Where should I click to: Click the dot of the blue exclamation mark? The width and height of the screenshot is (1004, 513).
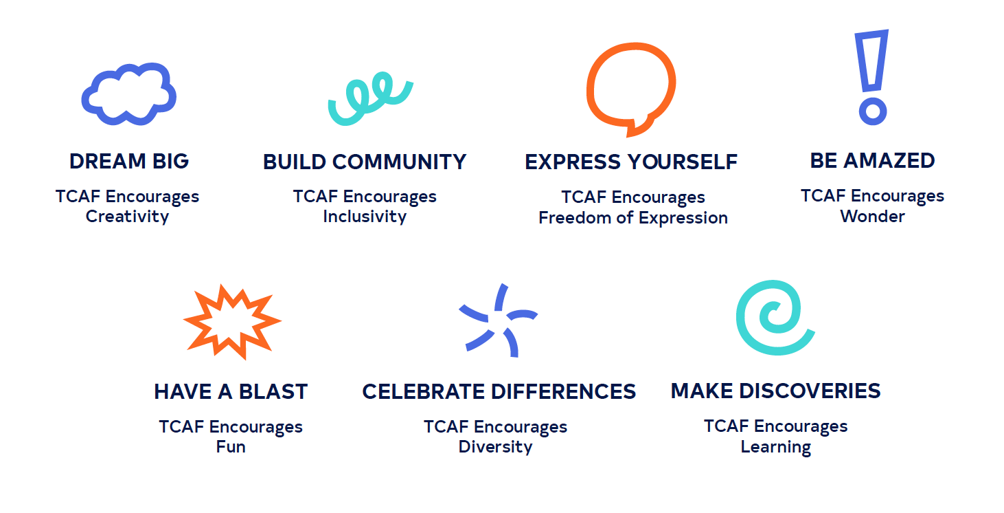pos(873,111)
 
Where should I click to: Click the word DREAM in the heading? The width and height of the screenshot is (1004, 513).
pos(108,161)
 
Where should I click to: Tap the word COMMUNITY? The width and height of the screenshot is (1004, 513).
pos(399,162)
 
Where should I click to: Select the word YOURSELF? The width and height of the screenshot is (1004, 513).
pos(682,162)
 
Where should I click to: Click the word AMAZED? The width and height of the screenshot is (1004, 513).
pos(889,161)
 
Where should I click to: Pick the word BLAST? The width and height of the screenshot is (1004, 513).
pos(273,391)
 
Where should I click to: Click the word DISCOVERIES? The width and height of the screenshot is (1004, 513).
pos(810,391)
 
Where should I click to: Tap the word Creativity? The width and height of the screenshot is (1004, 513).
pos(127,217)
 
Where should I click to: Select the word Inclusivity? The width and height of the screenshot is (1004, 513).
pos(365,217)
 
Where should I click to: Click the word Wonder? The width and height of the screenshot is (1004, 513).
pos(873,217)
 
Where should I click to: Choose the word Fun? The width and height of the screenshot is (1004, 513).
pos(231,446)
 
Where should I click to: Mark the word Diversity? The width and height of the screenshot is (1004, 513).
pos(495,447)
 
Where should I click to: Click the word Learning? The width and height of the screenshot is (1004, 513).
pos(776,447)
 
